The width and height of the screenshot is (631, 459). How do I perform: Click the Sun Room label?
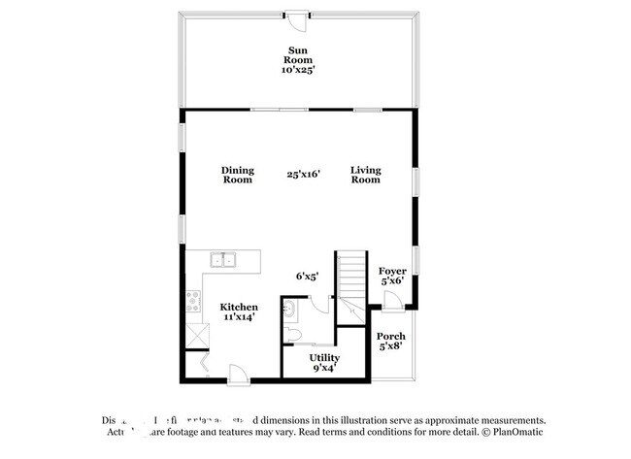(x=298, y=59)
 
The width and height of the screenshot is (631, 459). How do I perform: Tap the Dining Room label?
(x=237, y=175)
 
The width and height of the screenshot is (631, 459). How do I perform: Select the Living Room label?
(x=366, y=175)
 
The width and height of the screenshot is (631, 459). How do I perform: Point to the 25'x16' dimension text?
(x=303, y=175)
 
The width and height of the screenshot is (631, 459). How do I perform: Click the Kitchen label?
(x=238, y=311)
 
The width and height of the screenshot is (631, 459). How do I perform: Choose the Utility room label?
(x=325, y=363)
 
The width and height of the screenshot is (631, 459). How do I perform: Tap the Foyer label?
(x=392, y=276)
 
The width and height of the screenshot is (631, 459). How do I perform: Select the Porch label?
(x=391, y=342)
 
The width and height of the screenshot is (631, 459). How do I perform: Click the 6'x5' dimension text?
(x=308, y=277)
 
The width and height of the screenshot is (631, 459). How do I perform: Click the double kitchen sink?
(x=225, y=259)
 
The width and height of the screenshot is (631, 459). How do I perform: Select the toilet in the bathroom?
(x=292, y=335)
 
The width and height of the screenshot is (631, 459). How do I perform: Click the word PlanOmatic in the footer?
(x=515, y=432)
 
